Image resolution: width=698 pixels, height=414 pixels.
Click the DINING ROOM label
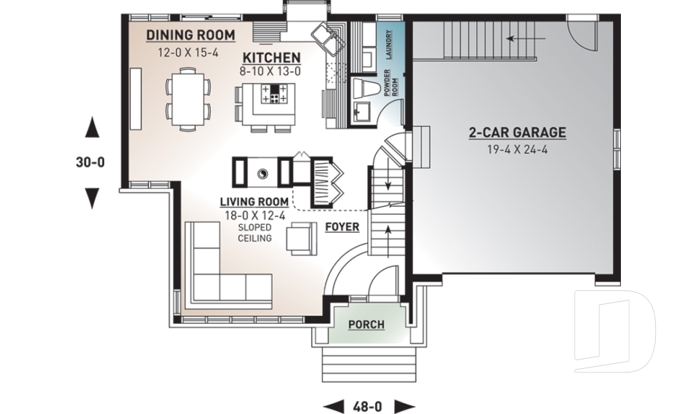pos(190,35)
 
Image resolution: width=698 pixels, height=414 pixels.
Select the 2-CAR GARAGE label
pos(516,132)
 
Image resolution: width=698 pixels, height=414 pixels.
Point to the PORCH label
pos(366,324)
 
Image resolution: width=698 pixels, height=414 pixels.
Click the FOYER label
pos(342,227)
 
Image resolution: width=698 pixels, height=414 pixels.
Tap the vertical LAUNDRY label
pos(390,44)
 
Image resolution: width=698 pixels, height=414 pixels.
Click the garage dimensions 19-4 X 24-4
pos(516,150)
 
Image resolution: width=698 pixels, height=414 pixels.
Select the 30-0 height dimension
pos(91,163)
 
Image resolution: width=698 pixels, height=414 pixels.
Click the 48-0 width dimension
pos(369,405)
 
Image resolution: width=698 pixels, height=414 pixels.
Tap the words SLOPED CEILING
pos(254,233)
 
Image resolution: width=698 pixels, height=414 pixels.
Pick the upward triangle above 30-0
pos(92,129)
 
